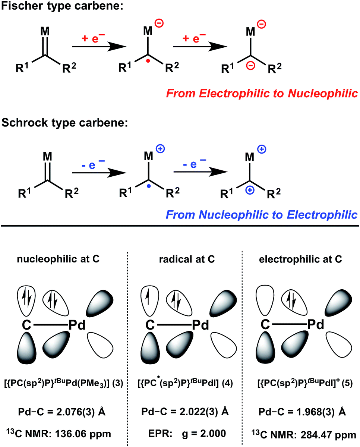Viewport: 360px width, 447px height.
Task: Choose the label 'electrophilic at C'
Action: (301, 260)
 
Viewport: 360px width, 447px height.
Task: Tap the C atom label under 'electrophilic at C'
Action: (264, 325)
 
